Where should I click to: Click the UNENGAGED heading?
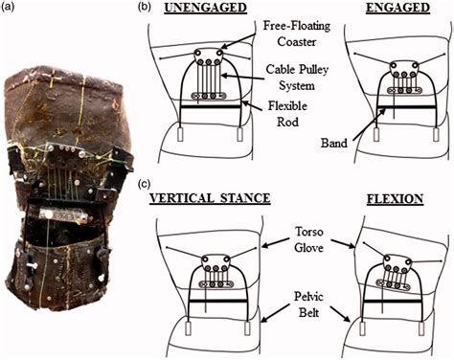[205, 8]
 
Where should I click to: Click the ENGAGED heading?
[397, 8]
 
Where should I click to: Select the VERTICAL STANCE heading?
[210, 198]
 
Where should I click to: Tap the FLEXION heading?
[396, 199]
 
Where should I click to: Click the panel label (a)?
[8, 8]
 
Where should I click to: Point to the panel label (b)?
[144, 8]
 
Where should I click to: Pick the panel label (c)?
[144, 185]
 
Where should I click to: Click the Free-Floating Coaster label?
[297, 34]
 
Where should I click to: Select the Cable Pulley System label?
[297, 78]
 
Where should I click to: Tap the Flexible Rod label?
[287, 114]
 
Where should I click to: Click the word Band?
[334, 143]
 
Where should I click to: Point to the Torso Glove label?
[308, 239]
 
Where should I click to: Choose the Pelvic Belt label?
[308, 304]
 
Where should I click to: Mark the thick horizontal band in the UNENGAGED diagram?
[211, 106]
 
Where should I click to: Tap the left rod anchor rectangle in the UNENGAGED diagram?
[180, 134]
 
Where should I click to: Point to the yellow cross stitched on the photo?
[56, 80]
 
